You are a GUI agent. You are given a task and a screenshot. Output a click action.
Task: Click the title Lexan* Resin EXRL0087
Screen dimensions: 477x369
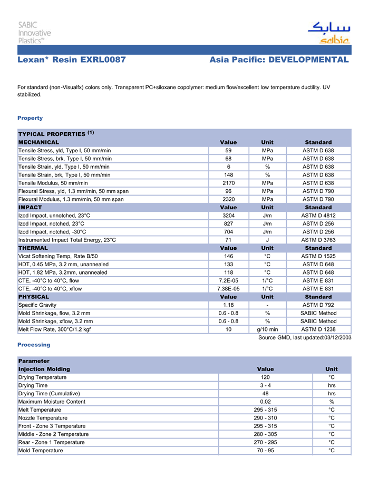(x=72, y=60)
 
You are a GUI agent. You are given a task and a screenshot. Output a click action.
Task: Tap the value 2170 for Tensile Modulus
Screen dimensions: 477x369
(x=228, y=183)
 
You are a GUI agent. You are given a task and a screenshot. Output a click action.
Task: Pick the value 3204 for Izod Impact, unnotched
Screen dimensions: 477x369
(x=228, y=216)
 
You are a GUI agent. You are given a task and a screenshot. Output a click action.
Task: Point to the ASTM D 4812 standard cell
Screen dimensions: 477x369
(x=318, y=216)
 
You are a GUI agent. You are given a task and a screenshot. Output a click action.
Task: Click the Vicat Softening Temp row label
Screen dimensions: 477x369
(x=58, y=256)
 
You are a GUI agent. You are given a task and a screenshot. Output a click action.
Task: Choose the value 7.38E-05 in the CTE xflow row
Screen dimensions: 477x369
(x=228, y=289)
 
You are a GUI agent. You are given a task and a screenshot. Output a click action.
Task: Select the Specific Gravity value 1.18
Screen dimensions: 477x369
(x=228, y=305)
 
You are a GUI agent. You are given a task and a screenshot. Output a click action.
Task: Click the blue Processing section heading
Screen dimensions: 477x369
(x=34, y=345)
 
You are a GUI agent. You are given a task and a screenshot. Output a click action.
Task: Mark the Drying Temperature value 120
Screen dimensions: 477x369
(x=265, y=377)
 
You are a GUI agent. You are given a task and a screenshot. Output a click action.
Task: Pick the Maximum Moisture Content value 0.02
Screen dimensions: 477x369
(x=265, y=402)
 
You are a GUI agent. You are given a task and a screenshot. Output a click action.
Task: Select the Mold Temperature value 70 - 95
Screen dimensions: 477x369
(x=265, y=451)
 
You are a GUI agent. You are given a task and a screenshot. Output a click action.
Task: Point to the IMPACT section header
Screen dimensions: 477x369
(x=30, y=208)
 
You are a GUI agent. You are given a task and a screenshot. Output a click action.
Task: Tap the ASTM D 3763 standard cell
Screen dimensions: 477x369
(x=318, y=240)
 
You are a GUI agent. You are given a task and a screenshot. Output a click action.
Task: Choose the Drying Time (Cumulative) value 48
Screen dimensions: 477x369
(x=265, y=394)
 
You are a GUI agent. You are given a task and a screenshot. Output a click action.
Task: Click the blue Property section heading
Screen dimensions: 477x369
(x=30, y=118)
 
